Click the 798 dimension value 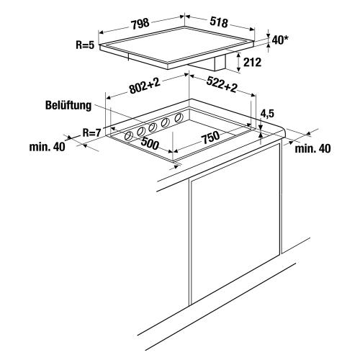[140, 23]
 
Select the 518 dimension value [219, 22]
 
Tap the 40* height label [280, 40]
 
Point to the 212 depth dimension [252, 62]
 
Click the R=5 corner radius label [86, 45]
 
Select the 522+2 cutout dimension [222, 84]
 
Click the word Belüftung [68, 105]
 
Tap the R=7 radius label [92, 132]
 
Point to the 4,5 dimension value [267, 114]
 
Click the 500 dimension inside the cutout [150, 143]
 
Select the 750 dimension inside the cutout [210, 138]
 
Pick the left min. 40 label [47, 147]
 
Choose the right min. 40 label [312, 149]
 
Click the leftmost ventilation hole [129, 136]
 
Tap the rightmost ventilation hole [179, 118]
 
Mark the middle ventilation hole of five [152, 127]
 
